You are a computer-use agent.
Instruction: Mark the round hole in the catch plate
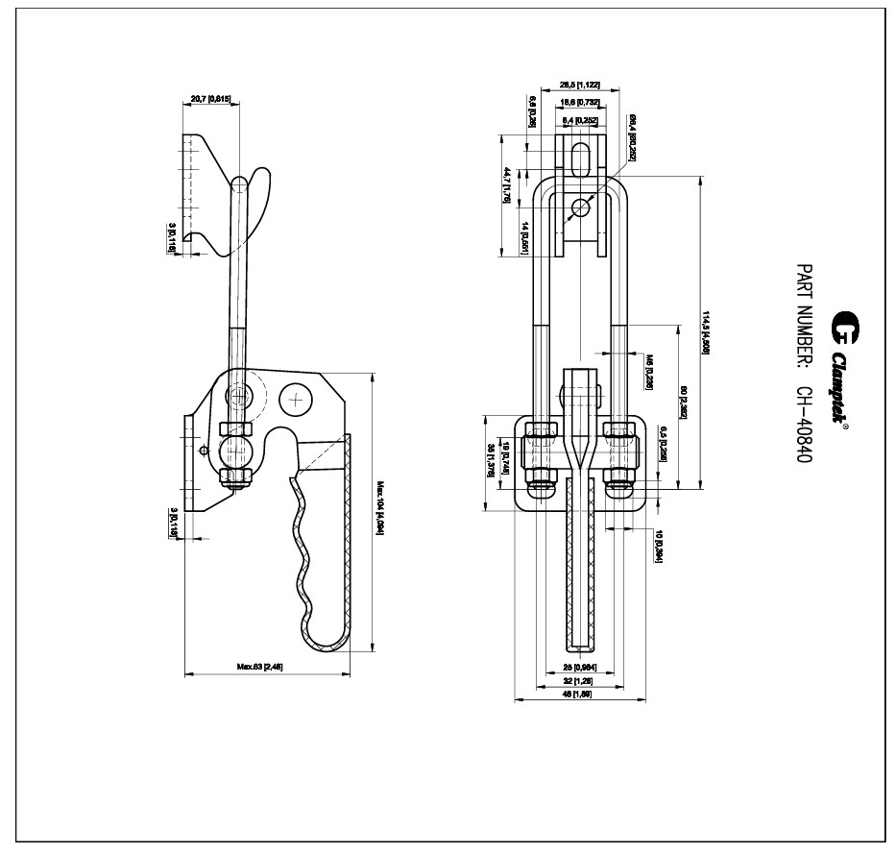click(579, 207)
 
